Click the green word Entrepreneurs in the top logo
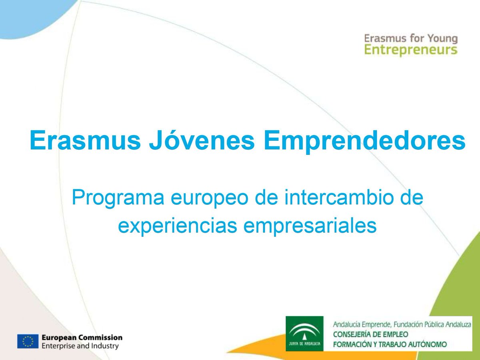tap(411, 50)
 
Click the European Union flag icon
tap(28, 341)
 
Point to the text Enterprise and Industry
tap(80, 346)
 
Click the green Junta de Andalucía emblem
tap(304, 333)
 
